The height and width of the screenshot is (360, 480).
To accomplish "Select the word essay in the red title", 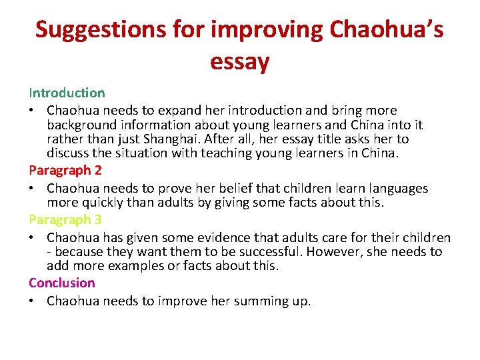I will pyautogui.click(x=239, y=62).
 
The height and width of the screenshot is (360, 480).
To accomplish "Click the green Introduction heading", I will pyautogui.click(x=67, y=93).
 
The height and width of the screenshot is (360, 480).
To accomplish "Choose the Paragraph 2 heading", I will pyautogui.click(x=65, y=170).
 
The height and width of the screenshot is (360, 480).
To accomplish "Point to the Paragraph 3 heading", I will pyautogui.click(x=65, y=219).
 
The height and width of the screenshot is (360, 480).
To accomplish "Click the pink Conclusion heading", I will pyautogui.click(x=62, y=283).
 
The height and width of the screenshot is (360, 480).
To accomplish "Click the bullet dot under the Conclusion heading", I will pyautogui.click(x=33, y=301).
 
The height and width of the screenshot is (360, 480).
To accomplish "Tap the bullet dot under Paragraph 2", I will pyautogui.click(x=33, y=189).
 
